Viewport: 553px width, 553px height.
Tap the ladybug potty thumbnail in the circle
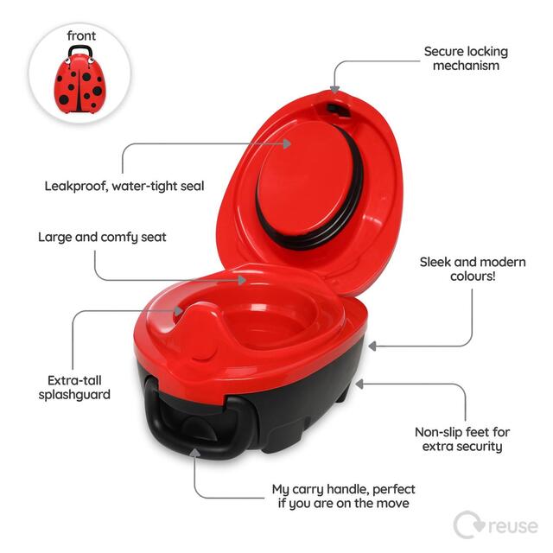[x=79, y=79]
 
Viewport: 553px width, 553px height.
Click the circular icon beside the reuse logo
[x=467, y=524]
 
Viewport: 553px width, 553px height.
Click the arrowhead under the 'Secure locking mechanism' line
[x=334, y=87]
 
